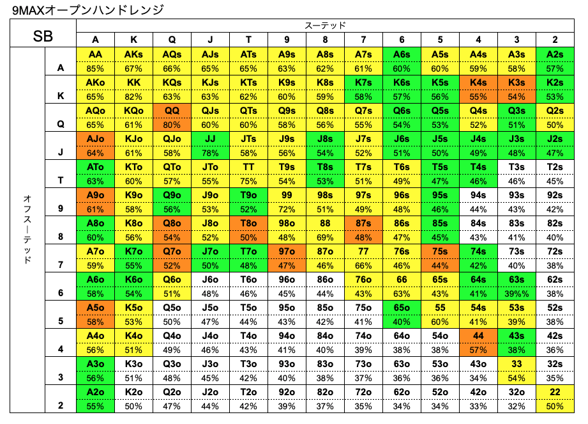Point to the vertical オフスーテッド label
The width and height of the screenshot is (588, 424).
[26, 230]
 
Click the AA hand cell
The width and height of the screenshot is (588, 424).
[96, 54]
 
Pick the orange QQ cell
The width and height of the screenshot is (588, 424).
[172, 111]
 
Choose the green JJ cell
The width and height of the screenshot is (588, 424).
[211, 139]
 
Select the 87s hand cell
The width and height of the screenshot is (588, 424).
[364, 223]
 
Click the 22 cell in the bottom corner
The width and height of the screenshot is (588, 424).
[555, 392]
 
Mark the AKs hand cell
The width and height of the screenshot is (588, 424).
[134, 54]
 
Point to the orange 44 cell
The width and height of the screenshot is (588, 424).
[479, 336]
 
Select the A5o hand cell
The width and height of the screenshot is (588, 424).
[96, 308]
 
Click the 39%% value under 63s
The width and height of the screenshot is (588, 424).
[517, 293]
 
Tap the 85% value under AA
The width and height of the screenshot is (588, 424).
[96, 68]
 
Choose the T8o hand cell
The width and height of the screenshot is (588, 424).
[249, 223]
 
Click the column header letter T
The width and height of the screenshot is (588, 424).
[249, 40]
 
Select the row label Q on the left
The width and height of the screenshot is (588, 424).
[61, 125]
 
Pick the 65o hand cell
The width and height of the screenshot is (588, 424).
[402, 308]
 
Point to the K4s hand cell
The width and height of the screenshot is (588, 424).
[479, 82]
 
